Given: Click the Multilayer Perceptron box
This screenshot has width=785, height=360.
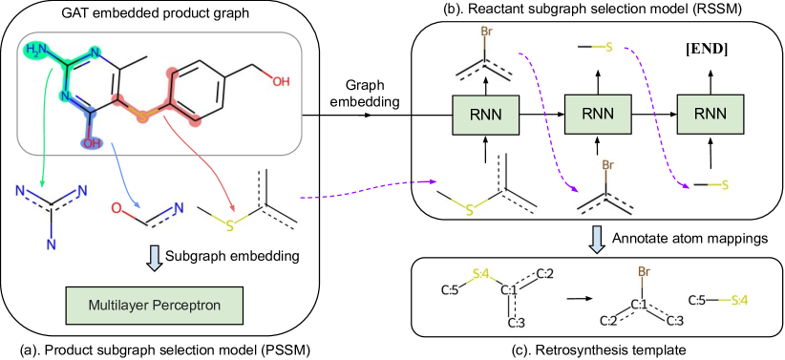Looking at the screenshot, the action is coord(154,306).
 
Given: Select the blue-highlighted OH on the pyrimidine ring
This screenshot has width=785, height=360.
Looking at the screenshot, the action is coord(92,142).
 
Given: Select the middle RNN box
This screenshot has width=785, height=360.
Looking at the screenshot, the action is coord(597,115).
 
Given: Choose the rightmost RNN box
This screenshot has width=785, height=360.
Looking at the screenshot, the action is coord(711,115).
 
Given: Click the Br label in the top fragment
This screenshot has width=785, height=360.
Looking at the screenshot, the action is coord(486,32).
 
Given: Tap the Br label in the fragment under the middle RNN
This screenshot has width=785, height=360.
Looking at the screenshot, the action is coord(605,165).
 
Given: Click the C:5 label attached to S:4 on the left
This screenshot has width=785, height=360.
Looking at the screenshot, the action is coord(447,291).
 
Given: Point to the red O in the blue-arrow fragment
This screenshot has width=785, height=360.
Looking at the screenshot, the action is coord(116,206).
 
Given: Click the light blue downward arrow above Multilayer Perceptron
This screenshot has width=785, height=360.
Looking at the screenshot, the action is coord(154,257).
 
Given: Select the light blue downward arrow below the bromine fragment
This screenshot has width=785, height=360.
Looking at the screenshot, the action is coord(597,239).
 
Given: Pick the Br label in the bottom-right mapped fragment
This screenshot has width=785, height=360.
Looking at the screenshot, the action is coord(644,272).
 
